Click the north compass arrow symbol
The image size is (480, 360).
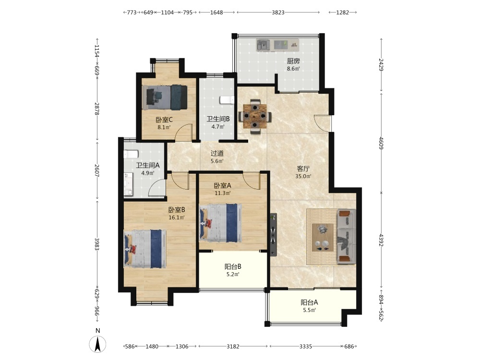point(97,344)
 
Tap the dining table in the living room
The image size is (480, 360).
point(255,116)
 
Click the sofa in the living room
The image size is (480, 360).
point(346,236)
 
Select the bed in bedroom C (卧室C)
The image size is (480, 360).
point(165,97)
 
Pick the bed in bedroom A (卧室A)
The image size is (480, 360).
point(220,223)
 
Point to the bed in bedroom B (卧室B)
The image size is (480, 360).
point(145,249)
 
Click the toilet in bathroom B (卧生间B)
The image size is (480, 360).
point(227,100)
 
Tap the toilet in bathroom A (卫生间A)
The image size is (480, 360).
point(131,154)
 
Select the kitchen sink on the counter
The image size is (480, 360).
point(263,45)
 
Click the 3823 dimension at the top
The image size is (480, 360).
point(278,12)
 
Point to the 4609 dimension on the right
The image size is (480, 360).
point(381,143)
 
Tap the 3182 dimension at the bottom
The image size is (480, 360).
point(233,346)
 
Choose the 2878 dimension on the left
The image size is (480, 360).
point(97,108)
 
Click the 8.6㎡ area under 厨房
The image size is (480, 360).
point(293,69)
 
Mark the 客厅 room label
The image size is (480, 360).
point(303,168)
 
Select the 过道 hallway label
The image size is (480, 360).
point(217,154)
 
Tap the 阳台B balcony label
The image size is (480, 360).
point(233,266)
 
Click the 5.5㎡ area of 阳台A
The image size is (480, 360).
point(310,310)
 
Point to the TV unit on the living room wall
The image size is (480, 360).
point(274,235)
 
